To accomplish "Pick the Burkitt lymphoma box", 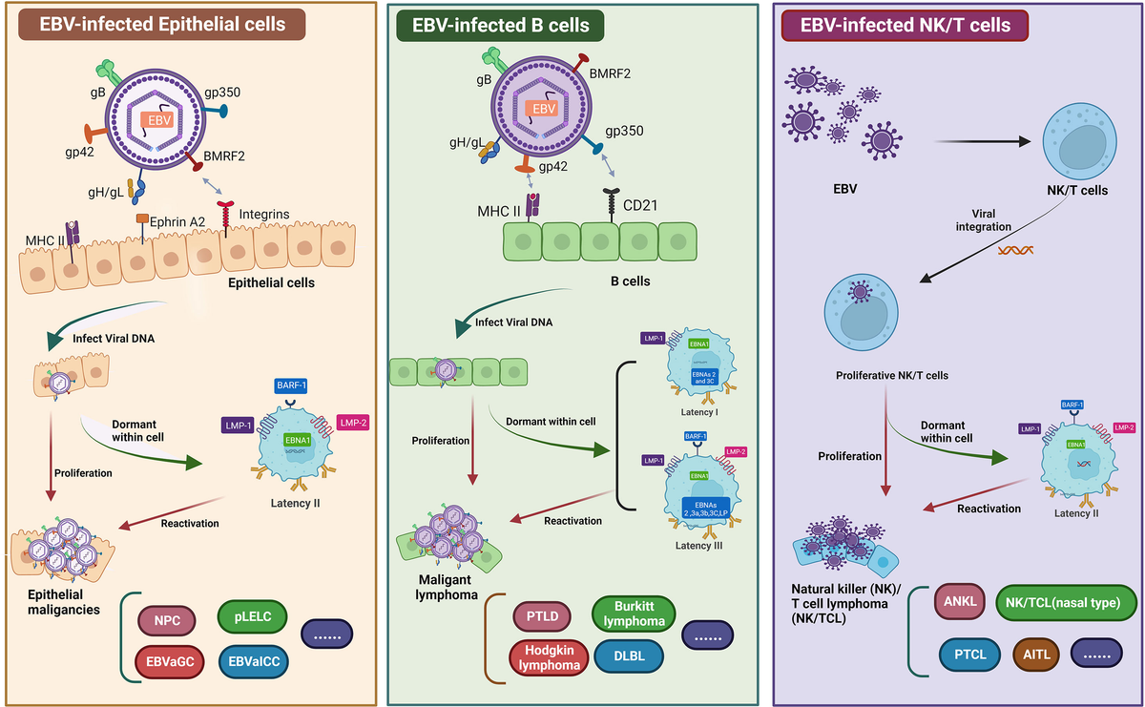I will (635, 613).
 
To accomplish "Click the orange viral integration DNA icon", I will (1015, 250).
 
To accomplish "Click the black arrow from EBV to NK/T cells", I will (984, 141).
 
